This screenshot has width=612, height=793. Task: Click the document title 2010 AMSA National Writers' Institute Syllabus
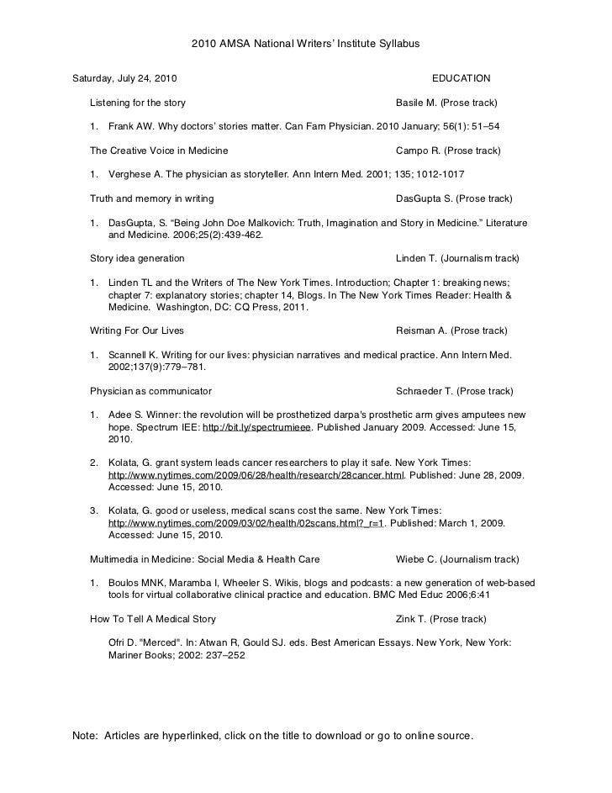point(305,42)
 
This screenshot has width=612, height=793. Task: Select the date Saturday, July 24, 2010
point(124,78)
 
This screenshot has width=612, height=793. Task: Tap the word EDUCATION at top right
point(461,78)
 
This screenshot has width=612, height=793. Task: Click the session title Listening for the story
point(138,103)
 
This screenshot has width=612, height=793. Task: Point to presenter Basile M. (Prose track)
point(446,103)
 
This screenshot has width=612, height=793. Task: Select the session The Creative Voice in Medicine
point(159,151)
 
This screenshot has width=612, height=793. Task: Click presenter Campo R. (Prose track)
point(447,151)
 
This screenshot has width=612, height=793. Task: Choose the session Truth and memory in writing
point(151,199)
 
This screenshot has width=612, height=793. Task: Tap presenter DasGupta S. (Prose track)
point(453,199)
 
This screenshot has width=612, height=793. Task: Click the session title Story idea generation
point(137,258)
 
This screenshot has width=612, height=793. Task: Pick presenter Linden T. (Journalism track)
point(456,258)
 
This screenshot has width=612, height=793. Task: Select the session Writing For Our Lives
point(137,330)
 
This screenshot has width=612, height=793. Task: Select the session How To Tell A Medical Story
point(153,620)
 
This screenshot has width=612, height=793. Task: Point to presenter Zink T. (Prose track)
point(441,620)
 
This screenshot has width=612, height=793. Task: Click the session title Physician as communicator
point(150,391)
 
